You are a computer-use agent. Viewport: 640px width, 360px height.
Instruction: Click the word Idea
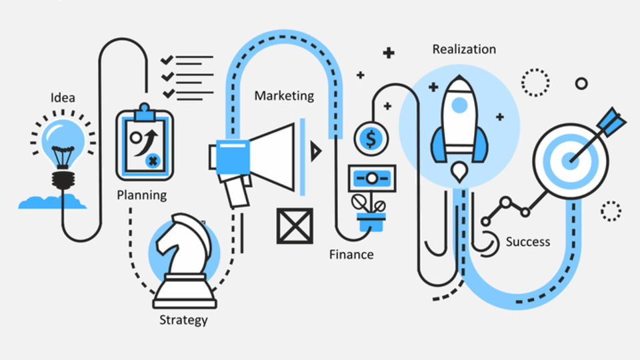[x=63, y=98]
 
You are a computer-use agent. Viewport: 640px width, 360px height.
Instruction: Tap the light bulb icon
[x=63, y=143]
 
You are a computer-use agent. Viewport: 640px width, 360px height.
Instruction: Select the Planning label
[x=141, y=195]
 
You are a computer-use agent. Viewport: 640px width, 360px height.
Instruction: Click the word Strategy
[x=183, y=320]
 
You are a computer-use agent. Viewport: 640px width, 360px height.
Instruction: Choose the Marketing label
[x=284, y=95]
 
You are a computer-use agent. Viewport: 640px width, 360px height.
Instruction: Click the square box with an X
[x=295, y=225]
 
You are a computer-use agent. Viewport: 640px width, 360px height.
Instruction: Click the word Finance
[x=351, y=255]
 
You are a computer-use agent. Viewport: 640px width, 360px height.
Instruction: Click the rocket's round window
[x=458, y=105]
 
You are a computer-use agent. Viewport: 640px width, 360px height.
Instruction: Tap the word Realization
[x=464, y=49]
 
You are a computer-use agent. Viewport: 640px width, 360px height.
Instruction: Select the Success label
[x=528, y=241]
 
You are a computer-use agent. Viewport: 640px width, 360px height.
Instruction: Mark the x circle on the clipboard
[x=153, y=160]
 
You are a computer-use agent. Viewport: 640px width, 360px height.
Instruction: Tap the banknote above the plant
[x=371, y=177]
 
